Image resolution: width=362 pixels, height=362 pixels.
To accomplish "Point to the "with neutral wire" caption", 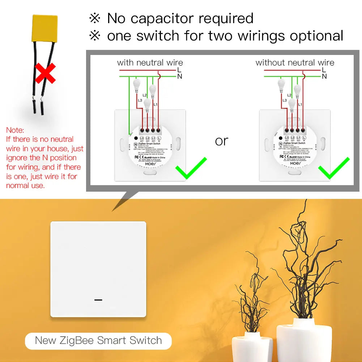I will tap(150, 63).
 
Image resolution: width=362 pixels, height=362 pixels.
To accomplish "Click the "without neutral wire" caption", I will tap(295, 63).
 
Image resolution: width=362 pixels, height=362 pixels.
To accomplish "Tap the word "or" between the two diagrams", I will tap(221, 141).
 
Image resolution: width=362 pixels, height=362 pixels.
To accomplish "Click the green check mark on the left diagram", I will tap(191, 168).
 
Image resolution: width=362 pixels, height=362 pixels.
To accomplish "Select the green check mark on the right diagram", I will tap(333, 168).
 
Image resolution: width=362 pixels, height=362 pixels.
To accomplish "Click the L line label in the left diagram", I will tap(179, 69).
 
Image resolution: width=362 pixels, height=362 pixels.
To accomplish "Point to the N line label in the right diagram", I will tap(324, 76).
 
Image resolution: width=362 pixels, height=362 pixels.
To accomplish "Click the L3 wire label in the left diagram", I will tap(139, 100).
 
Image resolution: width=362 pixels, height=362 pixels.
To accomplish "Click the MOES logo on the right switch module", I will tap(295, 163).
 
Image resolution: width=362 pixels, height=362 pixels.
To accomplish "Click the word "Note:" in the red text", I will tap(15, 130).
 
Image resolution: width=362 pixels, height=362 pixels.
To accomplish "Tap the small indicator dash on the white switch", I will tap(98, 300).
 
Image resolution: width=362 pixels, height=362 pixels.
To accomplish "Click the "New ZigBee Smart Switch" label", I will tap(98, 340).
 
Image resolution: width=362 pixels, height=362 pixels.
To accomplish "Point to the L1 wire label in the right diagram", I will tap(300, 104).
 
